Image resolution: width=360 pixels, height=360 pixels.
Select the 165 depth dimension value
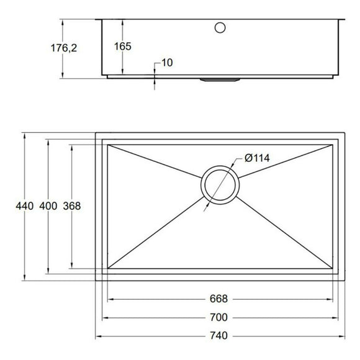click(x=123, y=46)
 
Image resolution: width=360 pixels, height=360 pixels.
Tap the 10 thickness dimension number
click(x=166, y=62)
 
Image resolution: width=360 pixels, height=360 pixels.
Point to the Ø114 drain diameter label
click(x=256, y=158)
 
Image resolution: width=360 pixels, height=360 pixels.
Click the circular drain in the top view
click(x=219, y=185)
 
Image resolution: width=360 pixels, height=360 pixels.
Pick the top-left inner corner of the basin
click(x=108, y=145)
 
